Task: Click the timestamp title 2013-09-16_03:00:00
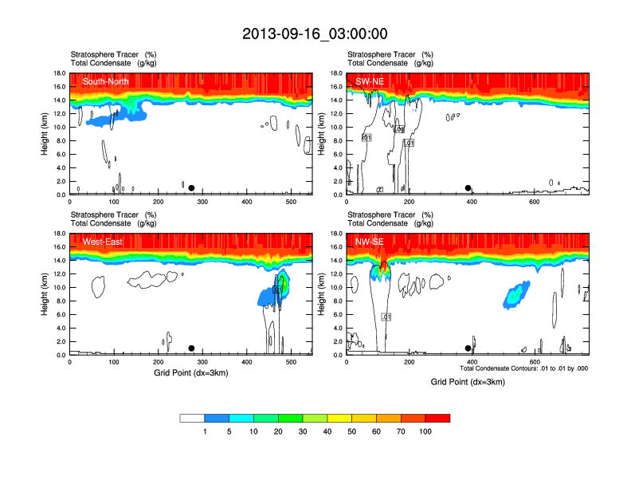click(315, 33)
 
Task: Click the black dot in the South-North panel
click(191, 188)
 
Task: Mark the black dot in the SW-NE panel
click(468, 188)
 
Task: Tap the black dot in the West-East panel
click(191, 348)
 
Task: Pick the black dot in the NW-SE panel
click(468, 348)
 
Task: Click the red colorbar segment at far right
click(437, 418)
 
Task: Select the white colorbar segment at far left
click(192, 418)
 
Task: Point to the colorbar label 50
click(351, 431)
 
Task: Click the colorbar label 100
click(425, 431)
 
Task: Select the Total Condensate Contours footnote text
click(523, 368)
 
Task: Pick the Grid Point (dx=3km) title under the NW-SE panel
click(468, 382)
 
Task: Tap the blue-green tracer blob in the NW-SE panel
click(515, 295)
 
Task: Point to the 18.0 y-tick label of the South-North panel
click(57, 73)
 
